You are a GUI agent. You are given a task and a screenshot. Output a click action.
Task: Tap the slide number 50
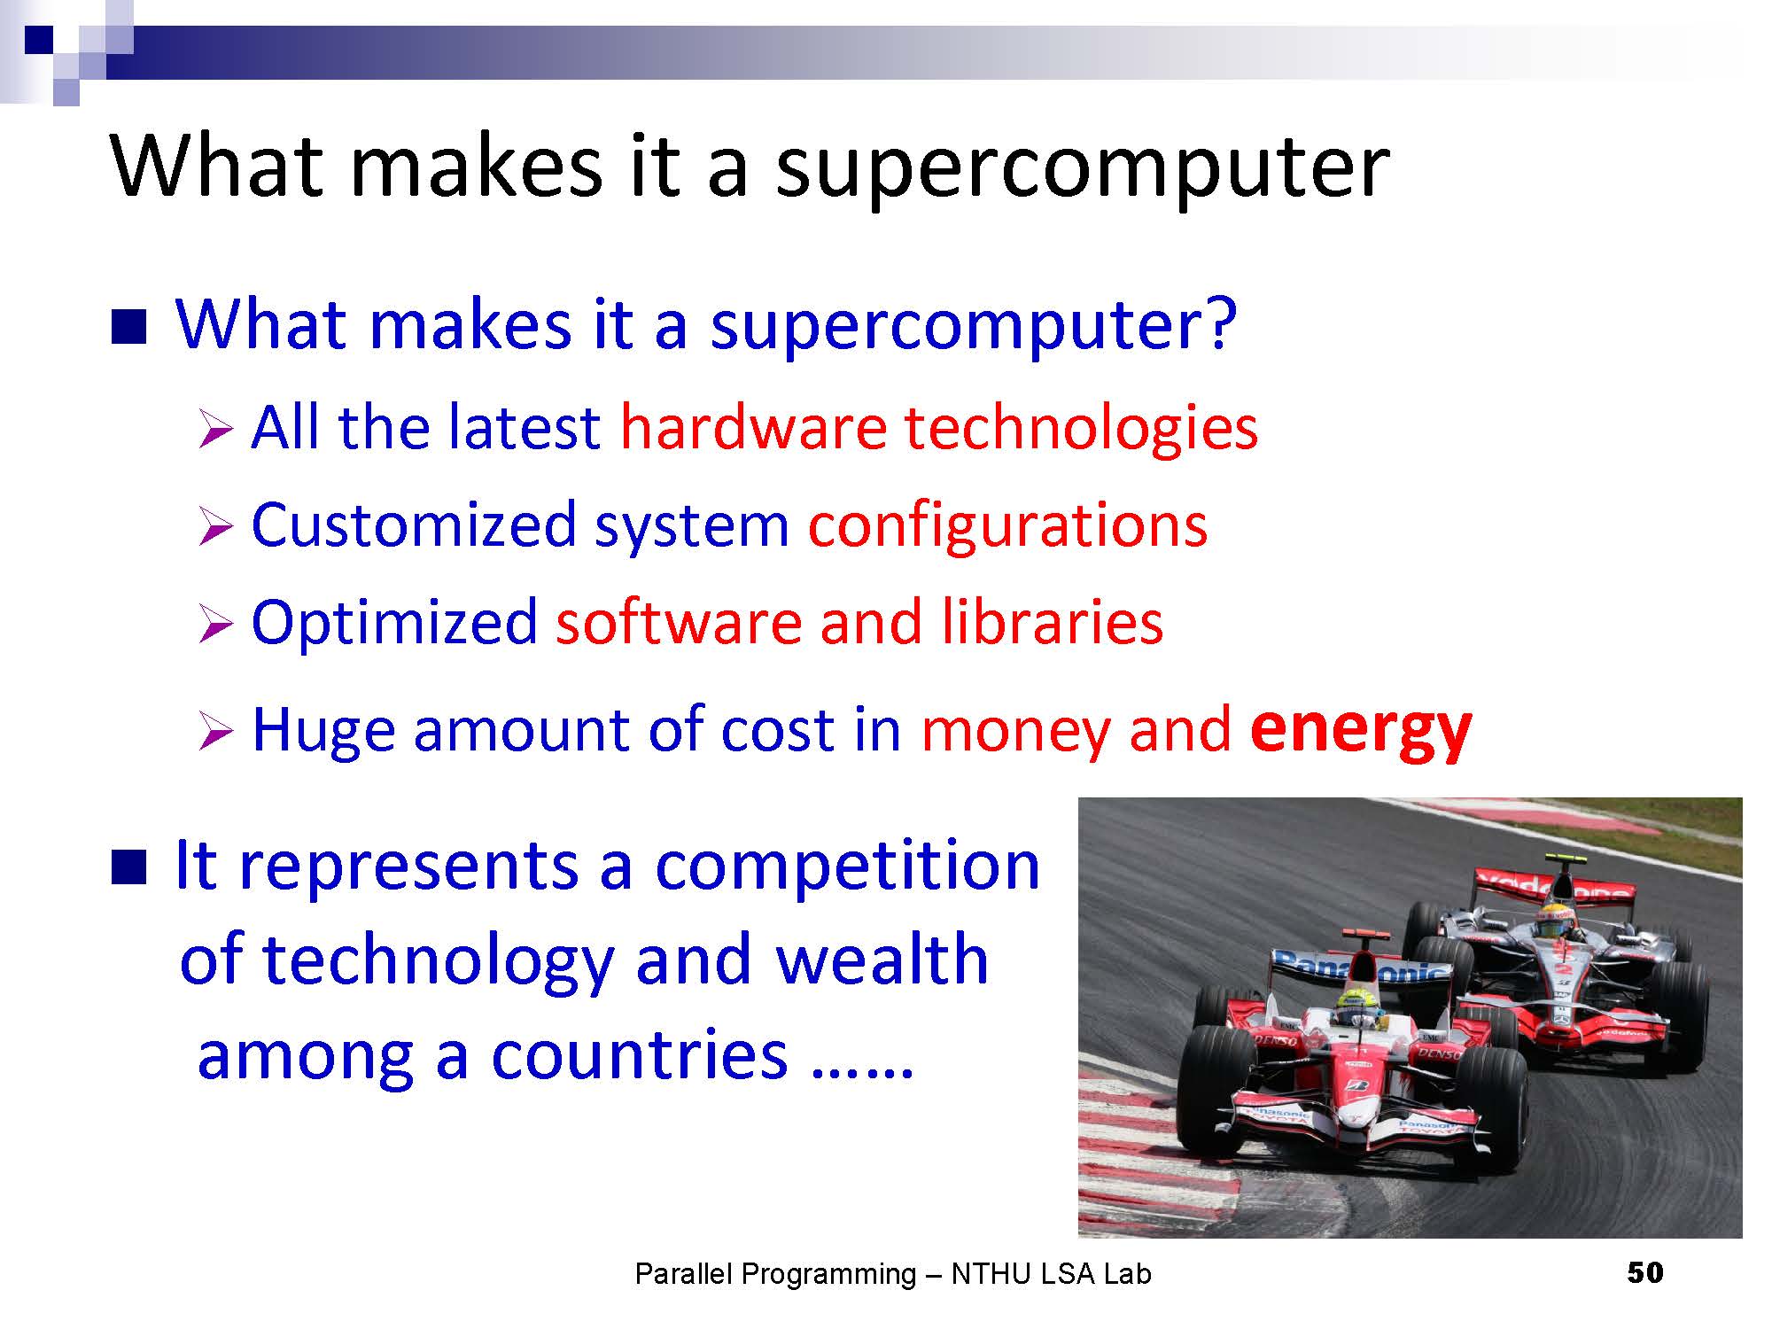click(1645, 1273)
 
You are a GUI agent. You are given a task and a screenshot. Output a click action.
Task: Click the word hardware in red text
click(754, 427)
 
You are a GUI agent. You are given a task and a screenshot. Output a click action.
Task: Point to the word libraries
click(1052, 622)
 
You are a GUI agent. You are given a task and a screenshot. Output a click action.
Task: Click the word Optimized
click(394, 624)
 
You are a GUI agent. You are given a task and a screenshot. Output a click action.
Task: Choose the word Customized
click(414, 525)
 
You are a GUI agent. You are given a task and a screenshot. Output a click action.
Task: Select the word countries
click(639, 1055)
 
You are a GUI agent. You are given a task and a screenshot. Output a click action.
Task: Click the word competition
click(847, 867)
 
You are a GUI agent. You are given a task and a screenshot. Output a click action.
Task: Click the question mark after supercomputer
click(1220, 324)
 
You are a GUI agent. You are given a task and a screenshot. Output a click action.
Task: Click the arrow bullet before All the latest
click(215, 431)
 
